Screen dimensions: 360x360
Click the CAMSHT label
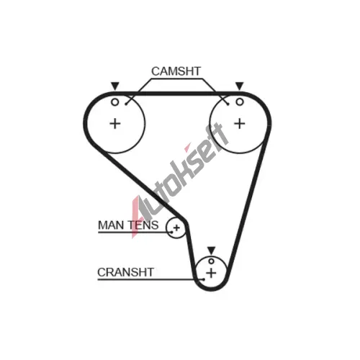pyautogui.click(x=176, y=71)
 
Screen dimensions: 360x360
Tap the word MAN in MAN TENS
pyautogui.click(x=111, y=225)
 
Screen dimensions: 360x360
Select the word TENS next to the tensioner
pyautogui.click(x=143, y=225)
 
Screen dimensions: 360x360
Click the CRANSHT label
pyautogui.click(x=125, y=272)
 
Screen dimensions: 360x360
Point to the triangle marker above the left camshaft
pyautogui.click(x=115, y=86)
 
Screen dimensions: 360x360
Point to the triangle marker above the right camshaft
pyautogui.click(x=240, y=86)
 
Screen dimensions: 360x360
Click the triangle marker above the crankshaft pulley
pyautogui.click(x=211, y=250)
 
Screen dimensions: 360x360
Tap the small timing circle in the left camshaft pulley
pyautogui.click(x=115, y=102)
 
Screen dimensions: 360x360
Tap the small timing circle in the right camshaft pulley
pyautogui.click(x=240, y=102)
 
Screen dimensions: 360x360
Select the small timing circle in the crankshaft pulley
pyautogui.click(x=211, y=261)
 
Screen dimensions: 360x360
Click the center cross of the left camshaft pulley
pyautogui.click(x=115, y=124)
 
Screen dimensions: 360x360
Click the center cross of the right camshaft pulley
pyautogui.click(x=240, y=124)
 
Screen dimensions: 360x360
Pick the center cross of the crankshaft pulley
pyautogui.click(x=211, y=273)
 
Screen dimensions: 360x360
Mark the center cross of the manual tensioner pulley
pyautogui.click(x=176, y=228)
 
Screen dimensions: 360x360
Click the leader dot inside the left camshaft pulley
pyautogui.click(x=126, y=104)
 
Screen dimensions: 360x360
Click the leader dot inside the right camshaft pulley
pyautogui.click(x=228, y=104)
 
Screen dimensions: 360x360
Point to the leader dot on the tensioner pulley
pyautogui.click(x=171, y=232)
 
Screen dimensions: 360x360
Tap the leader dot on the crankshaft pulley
pyautogui.click(x=204, y=279)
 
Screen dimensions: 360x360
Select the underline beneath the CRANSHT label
pyautogui.click(x=150, y=279)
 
